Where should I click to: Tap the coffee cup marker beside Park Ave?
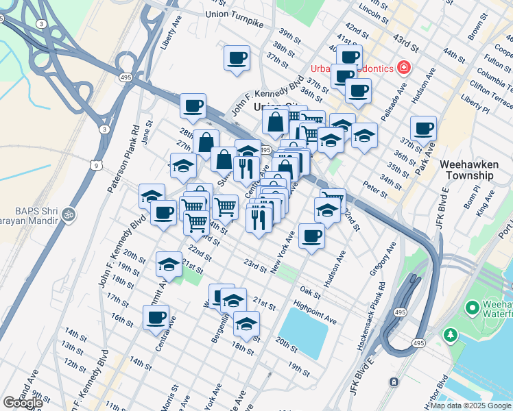point(423,128)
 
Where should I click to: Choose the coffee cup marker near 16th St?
point(156,317)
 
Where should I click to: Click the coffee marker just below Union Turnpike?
point(237,58)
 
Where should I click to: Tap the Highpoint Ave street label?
point(315,314)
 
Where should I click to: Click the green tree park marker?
point(450,335)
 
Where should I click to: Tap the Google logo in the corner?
point(23,403)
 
